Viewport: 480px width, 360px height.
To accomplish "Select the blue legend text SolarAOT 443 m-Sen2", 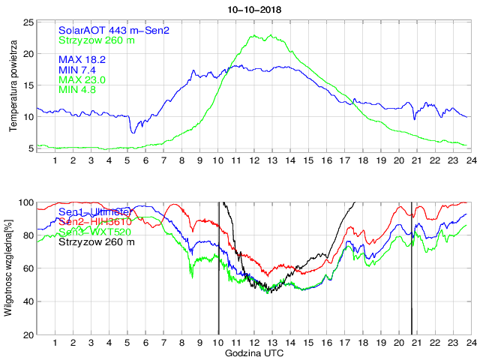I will (x=114, y=30).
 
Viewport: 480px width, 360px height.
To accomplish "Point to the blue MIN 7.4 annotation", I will (x=79, y=69).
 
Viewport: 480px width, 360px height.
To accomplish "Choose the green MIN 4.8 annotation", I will (x=79, y=90).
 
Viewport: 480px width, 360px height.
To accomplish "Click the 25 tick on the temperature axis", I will (x=27, y=22).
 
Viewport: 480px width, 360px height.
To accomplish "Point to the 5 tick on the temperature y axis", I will (x=30, y=148).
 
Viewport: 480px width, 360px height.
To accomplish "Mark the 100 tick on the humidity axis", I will (x=25, y=202).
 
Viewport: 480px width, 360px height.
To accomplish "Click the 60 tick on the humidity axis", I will (x=27, y=268).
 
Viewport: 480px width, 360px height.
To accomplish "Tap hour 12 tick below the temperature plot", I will (x=253, y=160).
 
